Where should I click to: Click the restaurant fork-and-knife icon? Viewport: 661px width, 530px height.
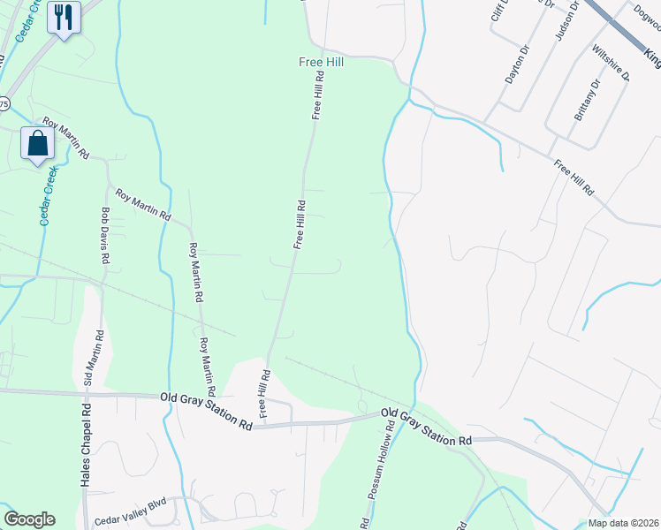click(63, 17)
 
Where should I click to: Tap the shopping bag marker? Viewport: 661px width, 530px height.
click(39, 143)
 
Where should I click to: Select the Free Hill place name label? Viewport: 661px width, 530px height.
click(320, 63)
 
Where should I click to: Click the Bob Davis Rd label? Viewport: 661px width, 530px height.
click(104, 236)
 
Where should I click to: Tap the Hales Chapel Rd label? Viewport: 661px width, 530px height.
click(86, 446)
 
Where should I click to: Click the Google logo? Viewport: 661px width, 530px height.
click(29, 519)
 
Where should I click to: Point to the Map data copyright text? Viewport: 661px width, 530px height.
click(619, 522)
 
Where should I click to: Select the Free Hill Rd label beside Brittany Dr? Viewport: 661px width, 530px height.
click(574, 178)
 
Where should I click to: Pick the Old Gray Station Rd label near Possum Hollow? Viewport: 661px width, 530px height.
click(426, 427)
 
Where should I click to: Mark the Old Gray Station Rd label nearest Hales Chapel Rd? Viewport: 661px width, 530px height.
click(207, 412)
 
